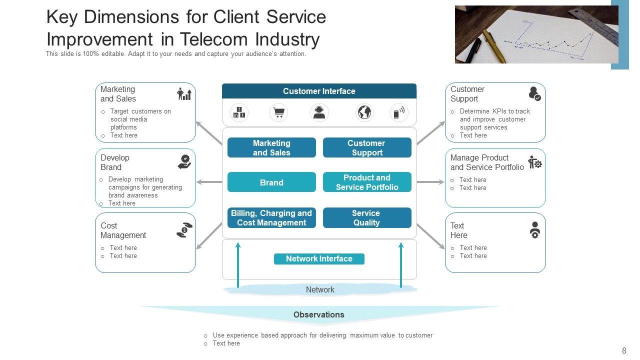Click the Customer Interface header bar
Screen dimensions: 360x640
pos(319,91)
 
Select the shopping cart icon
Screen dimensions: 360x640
pos(278,112)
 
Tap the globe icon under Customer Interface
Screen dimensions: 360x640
pos(364,112)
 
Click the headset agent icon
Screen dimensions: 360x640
pos(319,112)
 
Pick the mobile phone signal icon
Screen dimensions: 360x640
pos(398,112)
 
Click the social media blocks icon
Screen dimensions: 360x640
pos(239,112)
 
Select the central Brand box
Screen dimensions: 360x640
pos(271,182)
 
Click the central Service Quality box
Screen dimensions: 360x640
pos(367,217)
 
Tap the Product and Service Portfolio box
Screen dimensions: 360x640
pos(367,182)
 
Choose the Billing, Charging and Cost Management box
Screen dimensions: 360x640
pos(271,217)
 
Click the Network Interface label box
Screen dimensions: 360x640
pos(319,258)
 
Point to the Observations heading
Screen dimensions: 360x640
pos(319,314)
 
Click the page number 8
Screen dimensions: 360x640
pos(624,351)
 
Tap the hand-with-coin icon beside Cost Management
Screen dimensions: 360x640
pos(184,229)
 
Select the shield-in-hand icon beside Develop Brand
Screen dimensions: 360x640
pos(184,161)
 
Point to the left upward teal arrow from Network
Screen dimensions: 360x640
pos(238,265)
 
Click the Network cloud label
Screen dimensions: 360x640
pos(320,289)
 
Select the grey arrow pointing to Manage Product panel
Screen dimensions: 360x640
pos(430,182)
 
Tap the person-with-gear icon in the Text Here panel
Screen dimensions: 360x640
pos(534,229)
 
